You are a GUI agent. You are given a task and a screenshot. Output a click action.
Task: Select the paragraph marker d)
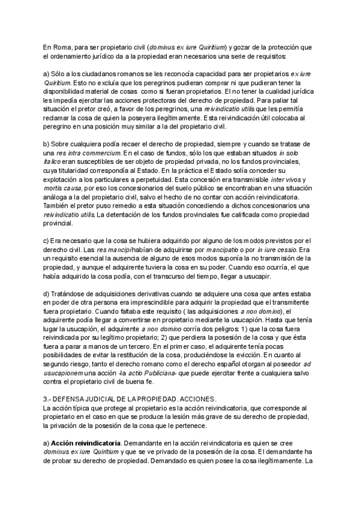(x=46, y=294)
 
